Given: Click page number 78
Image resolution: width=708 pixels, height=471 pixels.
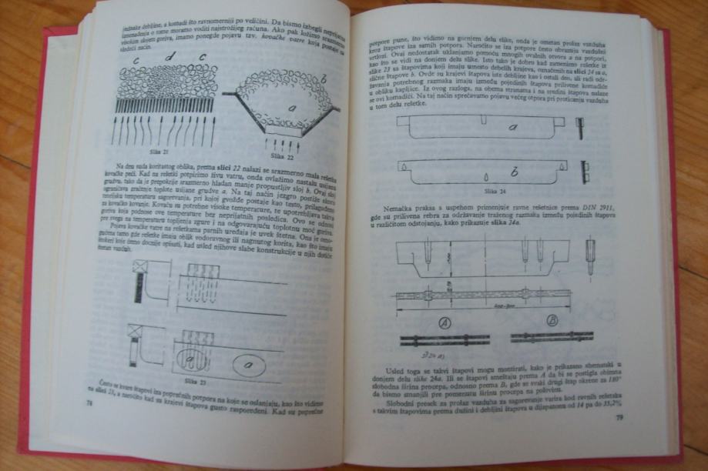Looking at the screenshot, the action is (89, 403).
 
